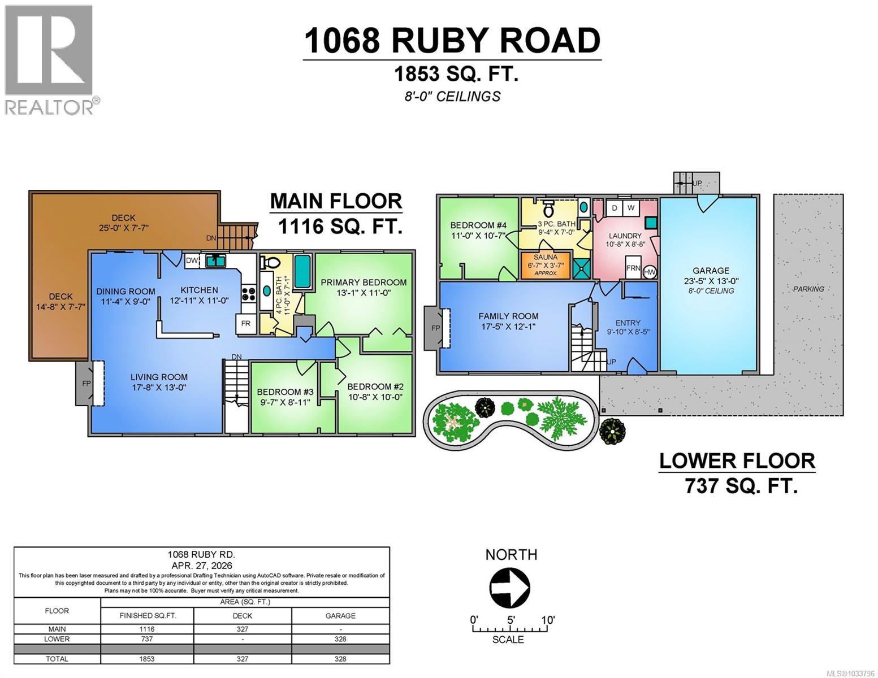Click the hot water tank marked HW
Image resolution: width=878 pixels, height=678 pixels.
[650, 272]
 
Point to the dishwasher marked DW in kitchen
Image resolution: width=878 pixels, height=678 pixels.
[192, 260]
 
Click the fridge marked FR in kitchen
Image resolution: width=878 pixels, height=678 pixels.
[246, 324]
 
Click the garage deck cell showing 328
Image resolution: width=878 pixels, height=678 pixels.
[340, 639]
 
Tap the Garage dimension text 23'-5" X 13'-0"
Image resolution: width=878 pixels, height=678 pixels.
[711, 281]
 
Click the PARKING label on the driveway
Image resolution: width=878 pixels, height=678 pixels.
[808, 289]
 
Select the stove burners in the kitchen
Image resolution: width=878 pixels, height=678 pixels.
[249, 293]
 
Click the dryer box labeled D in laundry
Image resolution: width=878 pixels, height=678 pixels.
[615, 208]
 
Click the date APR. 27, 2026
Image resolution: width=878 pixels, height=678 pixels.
[202, 565]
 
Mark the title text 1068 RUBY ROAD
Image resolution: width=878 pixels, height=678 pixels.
[452, 41]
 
